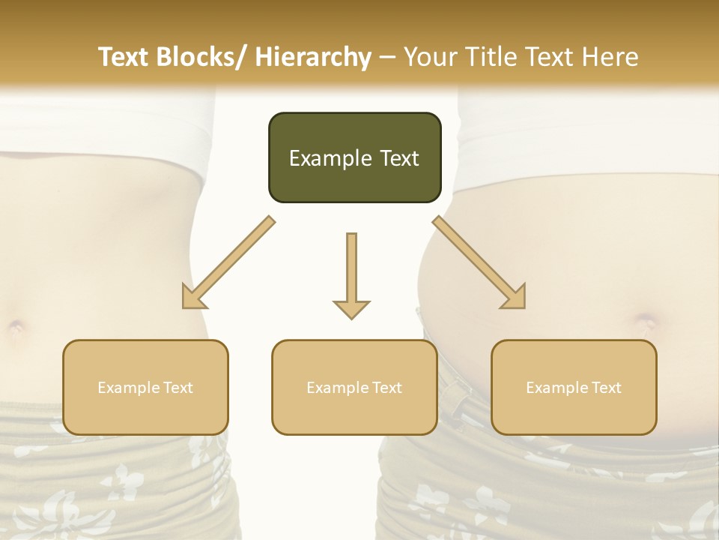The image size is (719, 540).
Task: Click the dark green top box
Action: [x=354, y=157]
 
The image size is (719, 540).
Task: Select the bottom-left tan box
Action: [x=145, y=387]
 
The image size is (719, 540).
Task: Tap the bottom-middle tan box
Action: [x=354, y=387]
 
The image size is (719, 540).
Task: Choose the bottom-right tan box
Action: [x=574, y=387]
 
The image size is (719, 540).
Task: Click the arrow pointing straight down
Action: [x=351, y=274]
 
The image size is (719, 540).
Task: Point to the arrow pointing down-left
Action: [x=228, y=262]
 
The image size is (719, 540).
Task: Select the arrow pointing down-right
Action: [x=479, y=262]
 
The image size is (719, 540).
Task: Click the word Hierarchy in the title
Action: [x=313, y=57]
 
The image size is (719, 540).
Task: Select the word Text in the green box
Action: [x=399, y=158]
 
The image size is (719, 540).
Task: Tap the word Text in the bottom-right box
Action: [x=605, y=388]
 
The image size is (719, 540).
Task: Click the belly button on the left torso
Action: [x=15, y=327]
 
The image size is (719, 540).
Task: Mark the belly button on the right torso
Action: [x=646, y=323]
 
